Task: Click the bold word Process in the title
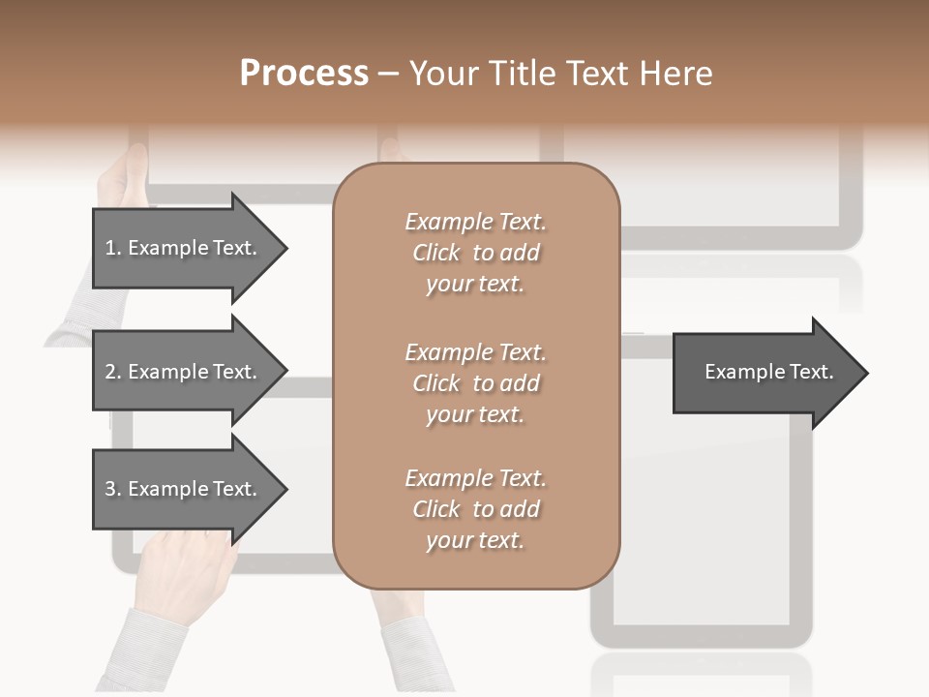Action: coord(304,74)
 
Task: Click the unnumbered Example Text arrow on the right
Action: coord(768,373)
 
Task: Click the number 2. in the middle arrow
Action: coord(112,372)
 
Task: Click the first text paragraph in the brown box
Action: coord(475,253)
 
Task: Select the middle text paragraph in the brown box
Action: coord(475,383)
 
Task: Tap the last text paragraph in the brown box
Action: coord(475,509)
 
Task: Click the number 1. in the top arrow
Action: coord(112,248)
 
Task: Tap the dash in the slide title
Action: coord(389,75)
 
